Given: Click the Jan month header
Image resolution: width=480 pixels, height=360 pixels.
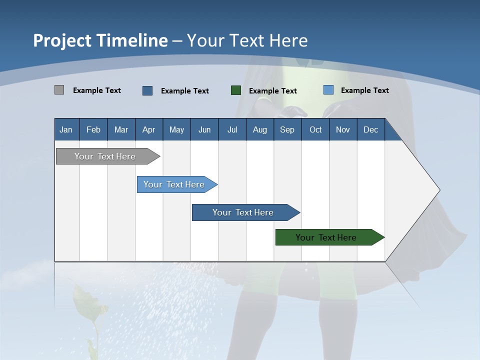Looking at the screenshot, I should click(66, 129).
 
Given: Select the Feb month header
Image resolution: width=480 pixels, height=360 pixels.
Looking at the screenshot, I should click(93, 129).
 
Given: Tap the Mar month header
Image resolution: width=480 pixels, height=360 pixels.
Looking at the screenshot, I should click(121, 129).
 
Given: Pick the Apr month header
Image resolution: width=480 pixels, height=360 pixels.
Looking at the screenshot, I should click(149, 129).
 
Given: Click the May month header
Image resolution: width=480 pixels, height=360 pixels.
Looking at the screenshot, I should click(176, 129).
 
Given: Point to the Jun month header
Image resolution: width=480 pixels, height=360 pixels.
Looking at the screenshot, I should click(204, 129).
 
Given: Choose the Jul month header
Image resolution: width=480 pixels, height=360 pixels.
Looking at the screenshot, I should click(232, 129).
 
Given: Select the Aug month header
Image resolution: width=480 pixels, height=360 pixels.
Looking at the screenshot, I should click(260, 129).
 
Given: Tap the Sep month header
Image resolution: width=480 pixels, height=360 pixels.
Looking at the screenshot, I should click(287, 129).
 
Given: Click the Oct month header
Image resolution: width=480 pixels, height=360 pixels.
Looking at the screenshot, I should click(315, 129).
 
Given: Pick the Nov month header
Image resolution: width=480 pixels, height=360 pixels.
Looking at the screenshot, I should click(343, 129).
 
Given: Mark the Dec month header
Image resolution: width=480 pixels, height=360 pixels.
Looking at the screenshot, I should click(371, 129).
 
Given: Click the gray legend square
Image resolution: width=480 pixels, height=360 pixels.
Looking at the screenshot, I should click(59, 90).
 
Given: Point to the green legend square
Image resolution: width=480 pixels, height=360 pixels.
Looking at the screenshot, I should click(236, 90).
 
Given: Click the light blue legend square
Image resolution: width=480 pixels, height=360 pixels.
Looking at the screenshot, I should click(328, 90).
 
